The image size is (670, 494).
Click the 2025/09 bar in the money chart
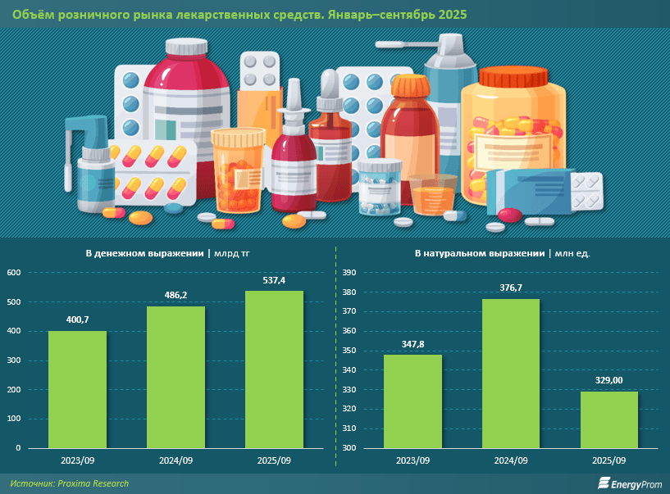(x=275, y=369)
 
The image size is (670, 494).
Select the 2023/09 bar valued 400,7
(x=77, y=389)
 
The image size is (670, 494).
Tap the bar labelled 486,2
(x=175, y=377)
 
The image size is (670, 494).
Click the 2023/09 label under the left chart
(x=77, y=461)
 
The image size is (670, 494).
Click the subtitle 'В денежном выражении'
(x=144, y=253)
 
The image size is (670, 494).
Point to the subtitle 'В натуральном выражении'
(x=479, y=253)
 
